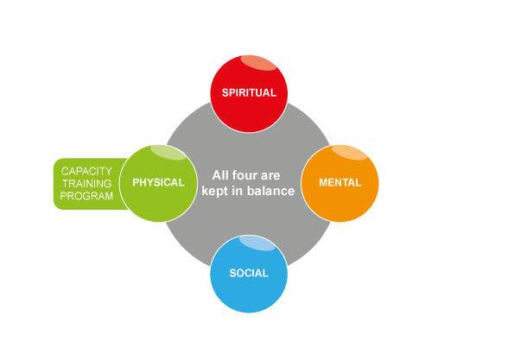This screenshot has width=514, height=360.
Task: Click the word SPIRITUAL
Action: (249, 92)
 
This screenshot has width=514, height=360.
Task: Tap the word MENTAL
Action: (340, 182)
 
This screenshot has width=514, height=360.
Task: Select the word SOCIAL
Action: (249, 273)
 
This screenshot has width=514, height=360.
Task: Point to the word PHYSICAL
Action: (158, 182)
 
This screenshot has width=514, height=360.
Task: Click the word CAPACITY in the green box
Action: (86, 171)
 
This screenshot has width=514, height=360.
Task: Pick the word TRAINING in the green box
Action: (87, 183)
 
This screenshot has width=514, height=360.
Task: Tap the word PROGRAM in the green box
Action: (86, 196)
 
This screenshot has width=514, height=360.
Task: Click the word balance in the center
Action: (270, 191)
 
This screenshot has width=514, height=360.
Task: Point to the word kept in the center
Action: (215, 192)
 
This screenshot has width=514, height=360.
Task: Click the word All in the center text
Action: (220, 175)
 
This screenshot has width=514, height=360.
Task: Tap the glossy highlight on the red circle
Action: (258, 62)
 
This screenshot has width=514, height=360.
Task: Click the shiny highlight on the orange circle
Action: (350, 152)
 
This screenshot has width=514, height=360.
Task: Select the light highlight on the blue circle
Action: (257, 243)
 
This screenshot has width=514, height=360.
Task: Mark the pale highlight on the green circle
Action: (168, 152)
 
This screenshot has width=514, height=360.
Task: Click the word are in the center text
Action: (270, 176)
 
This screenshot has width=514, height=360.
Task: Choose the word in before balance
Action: (238, 191)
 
